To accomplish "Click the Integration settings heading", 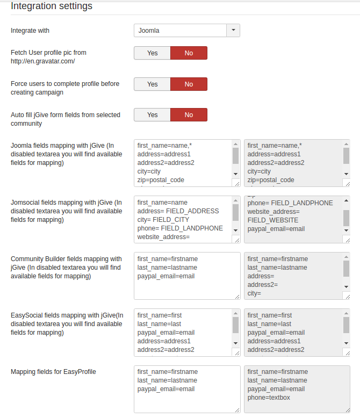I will [52, 6].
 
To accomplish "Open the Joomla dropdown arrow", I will [233, 31].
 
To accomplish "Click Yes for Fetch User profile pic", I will [152, 53].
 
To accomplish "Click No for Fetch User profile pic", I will [189, 53].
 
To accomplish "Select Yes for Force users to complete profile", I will [152, 84].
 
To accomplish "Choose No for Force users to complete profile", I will [189, 84].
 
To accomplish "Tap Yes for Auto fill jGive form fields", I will [152, 115].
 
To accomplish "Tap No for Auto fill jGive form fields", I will [189, 115].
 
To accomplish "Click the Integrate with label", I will [30, 31].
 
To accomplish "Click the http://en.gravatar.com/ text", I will [42, 61].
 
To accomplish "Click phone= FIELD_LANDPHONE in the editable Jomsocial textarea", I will [180, 228].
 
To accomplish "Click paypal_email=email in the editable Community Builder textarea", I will [166, 276].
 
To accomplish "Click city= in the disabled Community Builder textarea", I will [254, 293].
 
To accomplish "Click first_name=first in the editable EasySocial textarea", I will [160, 315].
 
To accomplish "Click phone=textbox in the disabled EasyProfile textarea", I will [269, 398].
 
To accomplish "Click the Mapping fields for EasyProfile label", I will [53, 372].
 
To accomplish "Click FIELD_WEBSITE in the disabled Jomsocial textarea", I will [273, 220].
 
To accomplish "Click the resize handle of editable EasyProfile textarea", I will [237, 409].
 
